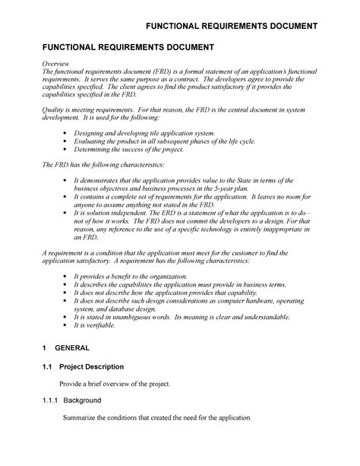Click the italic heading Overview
(56, 64)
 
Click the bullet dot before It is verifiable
(65, 325)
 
